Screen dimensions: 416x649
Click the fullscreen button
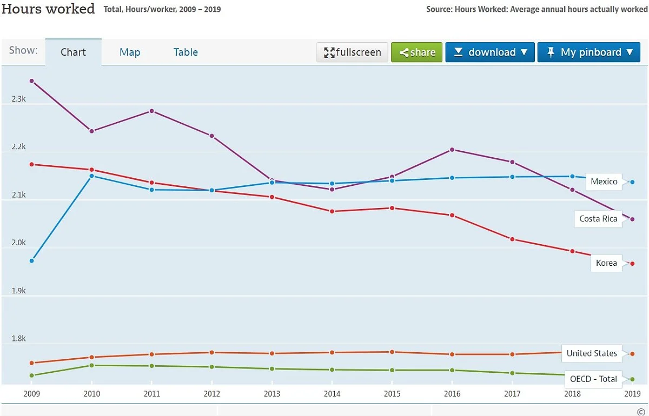[352, 52]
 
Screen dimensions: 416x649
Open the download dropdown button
[490, 52]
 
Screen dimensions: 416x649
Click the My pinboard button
[589, 52]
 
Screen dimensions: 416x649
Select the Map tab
[130, 52]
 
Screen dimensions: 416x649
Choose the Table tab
[186, 52]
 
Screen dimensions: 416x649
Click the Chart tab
[73, 52]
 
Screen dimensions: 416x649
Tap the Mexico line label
[604, 182]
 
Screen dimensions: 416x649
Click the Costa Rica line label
[598, 219]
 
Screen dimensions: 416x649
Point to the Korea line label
[606, 263]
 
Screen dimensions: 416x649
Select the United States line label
[592, 353]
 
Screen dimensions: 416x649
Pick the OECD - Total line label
[593, 379]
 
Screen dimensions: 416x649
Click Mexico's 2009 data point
[32, 261]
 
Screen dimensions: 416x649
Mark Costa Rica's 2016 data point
[452, 150]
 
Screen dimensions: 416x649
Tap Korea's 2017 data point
[512, 239]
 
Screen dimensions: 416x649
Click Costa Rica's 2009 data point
[32, 81]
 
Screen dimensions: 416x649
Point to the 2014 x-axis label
[332, 394]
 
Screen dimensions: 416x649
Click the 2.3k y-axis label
[18, 99]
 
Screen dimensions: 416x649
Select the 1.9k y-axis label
[18, 291]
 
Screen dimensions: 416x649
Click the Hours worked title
[48, 9]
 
